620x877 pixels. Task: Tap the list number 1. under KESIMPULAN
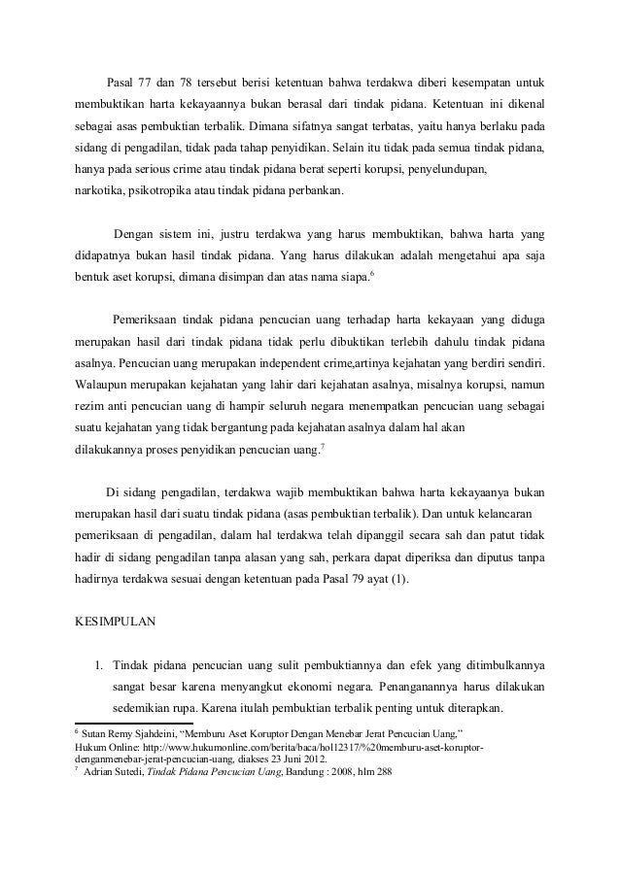click(99, 665)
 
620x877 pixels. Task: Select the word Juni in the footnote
click(290, 760)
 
